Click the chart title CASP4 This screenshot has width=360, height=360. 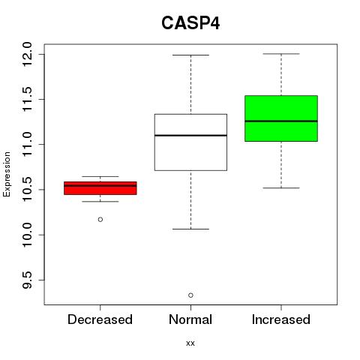coord(190,23)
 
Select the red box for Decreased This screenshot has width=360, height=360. coord(100,188)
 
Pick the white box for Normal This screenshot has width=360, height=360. coord(190,142)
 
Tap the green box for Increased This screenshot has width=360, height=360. coord(281,118)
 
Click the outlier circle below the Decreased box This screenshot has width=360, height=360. coord(100,220)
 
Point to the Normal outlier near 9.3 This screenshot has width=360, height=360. coord(190,295)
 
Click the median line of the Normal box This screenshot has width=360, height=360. coord(190,136)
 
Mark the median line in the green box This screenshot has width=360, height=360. coord(281,121)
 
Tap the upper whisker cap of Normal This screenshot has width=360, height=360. coord(190,55)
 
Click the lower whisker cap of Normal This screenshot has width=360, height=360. coord(190,229)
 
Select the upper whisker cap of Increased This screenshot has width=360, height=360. coord(281,54)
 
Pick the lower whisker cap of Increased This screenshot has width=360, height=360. coord(281,187)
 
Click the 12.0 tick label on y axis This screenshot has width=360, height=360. coord(27,54)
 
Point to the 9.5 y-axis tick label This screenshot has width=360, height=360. coord(27,280)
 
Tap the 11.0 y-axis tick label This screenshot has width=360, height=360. coord(27,145)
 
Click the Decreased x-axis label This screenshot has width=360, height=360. coord(100,319)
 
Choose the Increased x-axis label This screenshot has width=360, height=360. coord(281,319)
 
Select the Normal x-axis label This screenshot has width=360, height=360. coord(190,319)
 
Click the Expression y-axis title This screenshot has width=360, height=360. coord(7,174)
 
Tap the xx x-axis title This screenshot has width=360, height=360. coord(190,343)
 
